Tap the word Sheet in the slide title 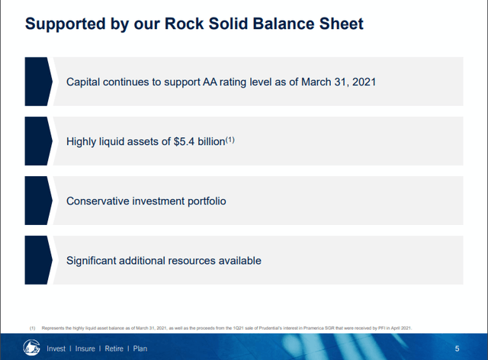click(340, 24)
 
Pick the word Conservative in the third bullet click(101, 201)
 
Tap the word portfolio click(202, 201)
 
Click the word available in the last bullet click(236, 261)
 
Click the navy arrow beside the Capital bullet click(38, 81)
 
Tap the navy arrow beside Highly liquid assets click(38, 141)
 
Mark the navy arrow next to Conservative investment click(38, 201)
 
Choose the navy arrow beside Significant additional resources click(38, 261)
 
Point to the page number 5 click(457, 349)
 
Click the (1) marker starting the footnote click(33, 327)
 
